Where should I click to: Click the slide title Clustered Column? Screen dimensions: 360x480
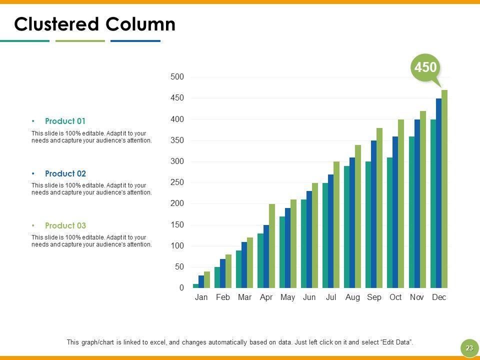click(x=95, y=24)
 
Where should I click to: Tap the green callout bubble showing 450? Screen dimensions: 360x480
click(x=425, y=67)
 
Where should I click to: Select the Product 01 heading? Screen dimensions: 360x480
click(x=65, y=121)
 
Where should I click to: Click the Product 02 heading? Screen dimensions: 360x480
click(x=65, y=173)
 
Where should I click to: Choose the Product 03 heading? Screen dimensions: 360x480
click(x=65, y=225)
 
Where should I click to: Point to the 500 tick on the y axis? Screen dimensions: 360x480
click(x=177, y=77)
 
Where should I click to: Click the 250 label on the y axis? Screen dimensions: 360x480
click(x=177, y=182)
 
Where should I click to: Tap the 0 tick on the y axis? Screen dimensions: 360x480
click(x=181, y=288)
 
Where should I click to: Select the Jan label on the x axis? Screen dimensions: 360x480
click(x=201, y=297)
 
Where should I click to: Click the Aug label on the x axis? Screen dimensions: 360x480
click(x=352, y=297)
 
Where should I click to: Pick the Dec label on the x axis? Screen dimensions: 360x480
click(x=439, y=297)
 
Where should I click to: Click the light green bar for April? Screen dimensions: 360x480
click(x=272, y=246)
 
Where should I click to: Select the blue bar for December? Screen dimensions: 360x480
click(x=438, y=193)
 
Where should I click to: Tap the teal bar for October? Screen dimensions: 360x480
click(x=390, y=223)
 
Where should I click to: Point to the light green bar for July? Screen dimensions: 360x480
click(x=336, y=225)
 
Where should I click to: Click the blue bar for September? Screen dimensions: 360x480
click(x=373, y=214)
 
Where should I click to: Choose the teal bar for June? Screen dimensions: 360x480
click(x=303, y=244)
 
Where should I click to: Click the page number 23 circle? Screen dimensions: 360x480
click(x=469, y=348)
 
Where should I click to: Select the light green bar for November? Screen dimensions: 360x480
click(x=423, y=200)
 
